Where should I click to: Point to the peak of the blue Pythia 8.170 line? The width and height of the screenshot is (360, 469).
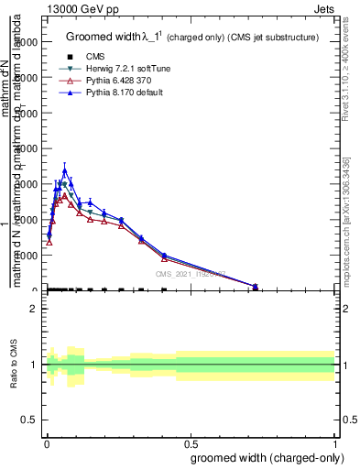(64, 170)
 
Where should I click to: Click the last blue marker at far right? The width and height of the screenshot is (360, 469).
(256, 286)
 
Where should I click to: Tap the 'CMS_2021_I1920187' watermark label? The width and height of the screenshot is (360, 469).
(190, 273)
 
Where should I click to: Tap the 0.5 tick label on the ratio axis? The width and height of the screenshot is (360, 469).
(28, 420)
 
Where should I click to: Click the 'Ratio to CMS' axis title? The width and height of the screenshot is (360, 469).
(15, 364)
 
